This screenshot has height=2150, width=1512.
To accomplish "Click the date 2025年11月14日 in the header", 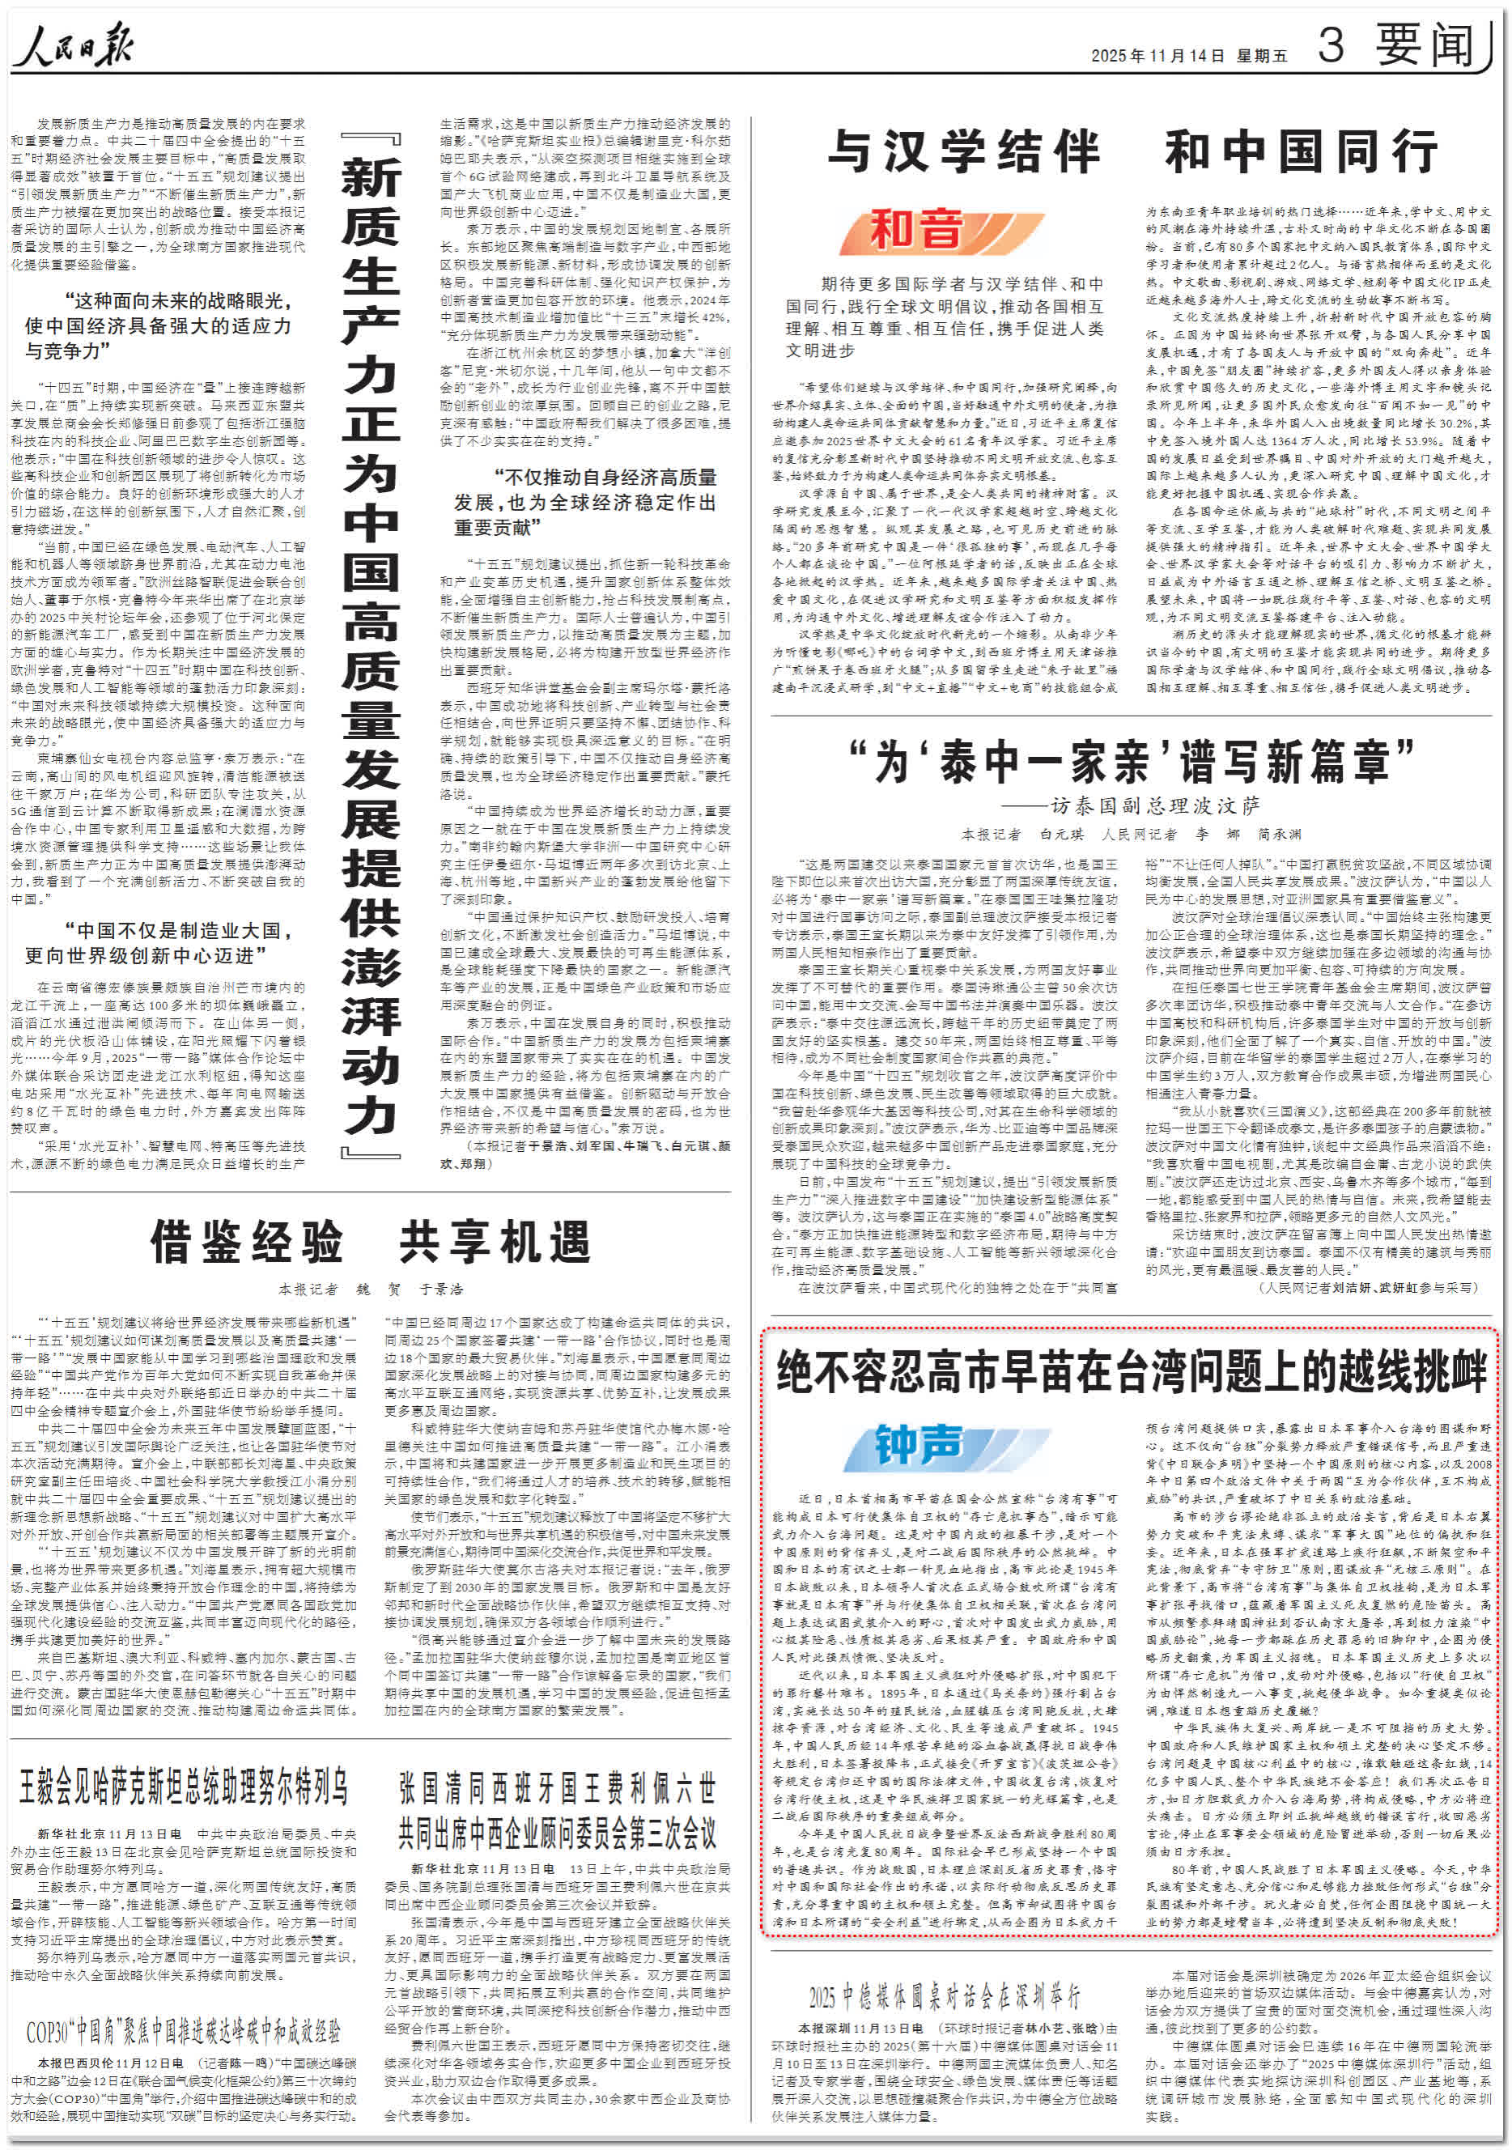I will (1157, 56).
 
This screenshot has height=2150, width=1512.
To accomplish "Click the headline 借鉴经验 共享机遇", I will (371, 1243).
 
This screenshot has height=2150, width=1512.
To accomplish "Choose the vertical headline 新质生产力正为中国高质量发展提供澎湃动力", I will (371, 646).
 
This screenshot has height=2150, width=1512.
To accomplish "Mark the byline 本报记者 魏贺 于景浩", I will (371, 1290).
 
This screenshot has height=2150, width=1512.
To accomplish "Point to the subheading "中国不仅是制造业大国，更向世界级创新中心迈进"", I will (159, 943).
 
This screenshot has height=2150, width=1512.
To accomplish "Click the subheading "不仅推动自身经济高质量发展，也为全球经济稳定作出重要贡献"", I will (586, 503).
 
